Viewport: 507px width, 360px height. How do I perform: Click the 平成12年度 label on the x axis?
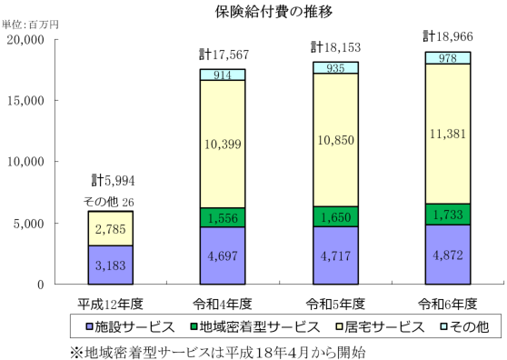point(110,303)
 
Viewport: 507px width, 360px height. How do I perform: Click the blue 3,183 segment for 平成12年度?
point(110,265)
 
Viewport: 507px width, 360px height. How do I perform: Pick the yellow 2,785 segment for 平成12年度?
point(110,228)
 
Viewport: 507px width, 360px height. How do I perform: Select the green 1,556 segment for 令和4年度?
point(223,217)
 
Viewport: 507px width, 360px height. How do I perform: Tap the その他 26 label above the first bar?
point(110,202)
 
